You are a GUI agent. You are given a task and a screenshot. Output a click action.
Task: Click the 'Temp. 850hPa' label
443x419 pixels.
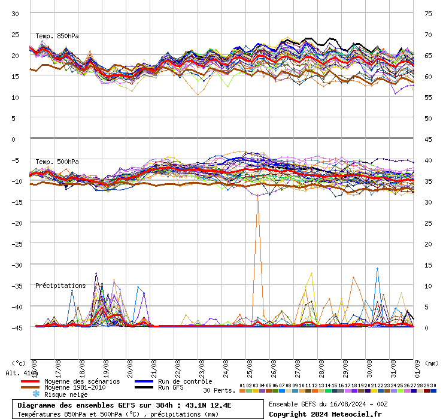(x=57, y=36)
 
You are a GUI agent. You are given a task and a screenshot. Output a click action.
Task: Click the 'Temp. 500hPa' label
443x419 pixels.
(x=57, y=162)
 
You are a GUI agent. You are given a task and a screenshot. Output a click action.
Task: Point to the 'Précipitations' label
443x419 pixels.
(x=60, y=286)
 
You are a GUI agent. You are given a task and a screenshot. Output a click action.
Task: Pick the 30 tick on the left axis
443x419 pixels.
(x=16, y=13)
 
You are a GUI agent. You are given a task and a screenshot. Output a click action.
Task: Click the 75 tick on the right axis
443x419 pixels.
(x=428, y=13)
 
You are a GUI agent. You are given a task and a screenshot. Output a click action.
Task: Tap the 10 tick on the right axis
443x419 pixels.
(x=428, y=286)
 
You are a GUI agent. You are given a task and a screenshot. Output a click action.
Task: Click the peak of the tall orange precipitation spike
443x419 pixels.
(x=258, y=196)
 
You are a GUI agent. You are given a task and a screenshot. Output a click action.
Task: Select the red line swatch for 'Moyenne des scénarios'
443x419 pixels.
(x=30, y=381)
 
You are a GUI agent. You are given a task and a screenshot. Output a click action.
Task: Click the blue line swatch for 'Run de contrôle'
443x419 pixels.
(x=144, y=381)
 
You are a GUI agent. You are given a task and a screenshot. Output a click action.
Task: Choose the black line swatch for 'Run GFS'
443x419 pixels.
(x=144, y=388)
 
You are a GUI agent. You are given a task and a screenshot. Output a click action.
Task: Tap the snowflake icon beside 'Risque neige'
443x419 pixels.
(x=36, y=394)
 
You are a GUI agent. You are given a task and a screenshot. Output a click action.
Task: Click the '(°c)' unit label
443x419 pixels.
(x=19, y=363)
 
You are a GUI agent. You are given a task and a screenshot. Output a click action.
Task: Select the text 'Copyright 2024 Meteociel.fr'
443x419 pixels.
(x=325, y=414)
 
